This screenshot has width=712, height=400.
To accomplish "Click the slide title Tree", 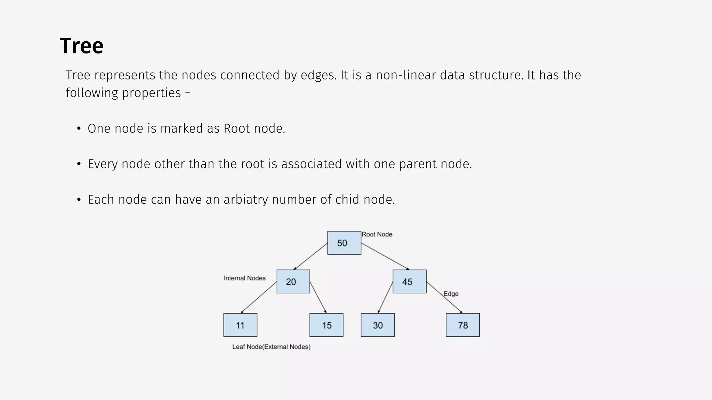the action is [82, 46].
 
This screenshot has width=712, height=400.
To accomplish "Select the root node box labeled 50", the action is [344, 243].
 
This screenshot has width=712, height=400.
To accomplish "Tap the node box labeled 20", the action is [293, 282].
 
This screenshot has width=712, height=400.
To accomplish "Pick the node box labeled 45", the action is [410, 282].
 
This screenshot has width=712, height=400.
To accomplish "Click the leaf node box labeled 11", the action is [240, 325].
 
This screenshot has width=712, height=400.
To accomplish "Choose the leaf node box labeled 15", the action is [326, 325].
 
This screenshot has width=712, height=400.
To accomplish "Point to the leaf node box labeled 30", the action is [378, 325].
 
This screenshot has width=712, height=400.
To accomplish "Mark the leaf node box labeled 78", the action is [463, 325].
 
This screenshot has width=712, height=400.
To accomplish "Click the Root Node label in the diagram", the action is [377, 234].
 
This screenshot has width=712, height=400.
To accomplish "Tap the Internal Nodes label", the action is [245, 278].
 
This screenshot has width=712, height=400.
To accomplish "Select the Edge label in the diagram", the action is [451, 294].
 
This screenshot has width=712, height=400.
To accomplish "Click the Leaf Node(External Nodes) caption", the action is [271, 347].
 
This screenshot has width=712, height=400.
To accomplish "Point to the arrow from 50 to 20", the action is [310, 256].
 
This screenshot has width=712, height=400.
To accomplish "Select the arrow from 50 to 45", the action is [385, 256].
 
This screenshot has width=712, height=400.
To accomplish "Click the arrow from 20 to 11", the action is [259, 297].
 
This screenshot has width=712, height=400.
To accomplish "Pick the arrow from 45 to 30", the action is [385, 298].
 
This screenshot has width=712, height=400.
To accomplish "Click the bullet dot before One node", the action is [79, 129].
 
